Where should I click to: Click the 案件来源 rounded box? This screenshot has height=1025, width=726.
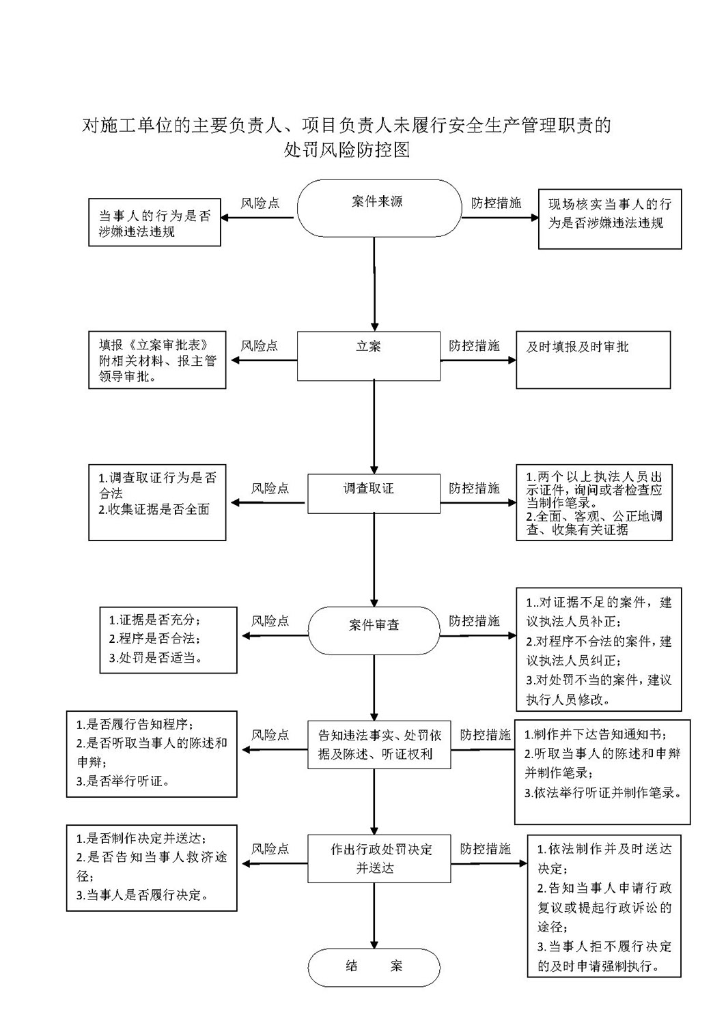click(x=379, y=208)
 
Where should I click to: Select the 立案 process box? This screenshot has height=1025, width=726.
click(x=369, y=356)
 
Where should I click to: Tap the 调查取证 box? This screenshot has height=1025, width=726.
click(x=374, y=493)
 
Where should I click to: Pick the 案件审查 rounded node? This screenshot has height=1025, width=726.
click(x=374, y=630)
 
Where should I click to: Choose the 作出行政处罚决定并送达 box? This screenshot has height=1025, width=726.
click(x=379, y=858)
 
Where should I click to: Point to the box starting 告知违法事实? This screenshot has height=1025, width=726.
click(x=379, y=745)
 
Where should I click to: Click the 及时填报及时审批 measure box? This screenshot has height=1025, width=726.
click(x=594, y=360)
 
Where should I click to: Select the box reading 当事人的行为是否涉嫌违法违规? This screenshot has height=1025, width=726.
click(x=155, y=222)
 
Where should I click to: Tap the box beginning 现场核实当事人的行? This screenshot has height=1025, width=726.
click(x=610, y=219)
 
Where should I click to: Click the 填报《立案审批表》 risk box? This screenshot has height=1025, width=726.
click(x=157, y=360)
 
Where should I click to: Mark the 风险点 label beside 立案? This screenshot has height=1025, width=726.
click(x=260, y=346)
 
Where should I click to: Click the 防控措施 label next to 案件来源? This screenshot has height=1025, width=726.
click(x=496, y=203)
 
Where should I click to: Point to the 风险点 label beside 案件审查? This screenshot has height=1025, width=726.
click(x=270, y=621)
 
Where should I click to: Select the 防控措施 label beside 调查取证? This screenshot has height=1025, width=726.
click(x=474, y=488)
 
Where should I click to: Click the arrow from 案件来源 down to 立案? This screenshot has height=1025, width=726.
click(x=374, y=284)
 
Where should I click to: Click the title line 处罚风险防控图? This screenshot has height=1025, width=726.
click(x=347, y=149)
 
